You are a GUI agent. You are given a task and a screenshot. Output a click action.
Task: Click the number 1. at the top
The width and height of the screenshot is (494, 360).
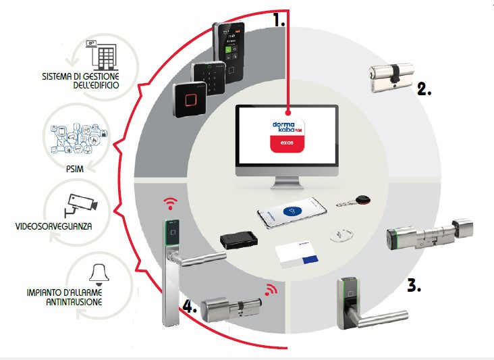(x=279, y=20)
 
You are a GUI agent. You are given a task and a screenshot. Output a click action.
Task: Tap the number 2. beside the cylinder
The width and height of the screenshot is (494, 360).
(x=423, y=89)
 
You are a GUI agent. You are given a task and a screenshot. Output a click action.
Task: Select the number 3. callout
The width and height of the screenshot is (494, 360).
(x=414, y=285)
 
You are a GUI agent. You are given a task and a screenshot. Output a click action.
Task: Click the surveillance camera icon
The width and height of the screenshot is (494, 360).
(x=80, y=202)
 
